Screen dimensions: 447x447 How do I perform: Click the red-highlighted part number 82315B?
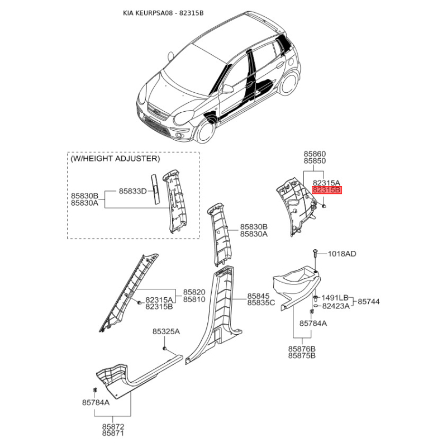327,190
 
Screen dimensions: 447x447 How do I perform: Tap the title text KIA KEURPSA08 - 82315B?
163,13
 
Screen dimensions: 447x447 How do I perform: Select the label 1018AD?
342,254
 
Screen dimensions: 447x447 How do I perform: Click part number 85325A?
166,331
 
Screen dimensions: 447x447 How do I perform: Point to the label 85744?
369,301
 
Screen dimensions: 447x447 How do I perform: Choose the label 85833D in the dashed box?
132,191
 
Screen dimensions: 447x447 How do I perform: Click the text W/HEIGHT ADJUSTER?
115,159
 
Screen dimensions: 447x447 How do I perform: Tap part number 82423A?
336,306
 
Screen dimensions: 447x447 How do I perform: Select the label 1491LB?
335,298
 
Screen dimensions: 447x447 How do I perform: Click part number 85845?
258,296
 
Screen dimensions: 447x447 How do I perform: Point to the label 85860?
315,154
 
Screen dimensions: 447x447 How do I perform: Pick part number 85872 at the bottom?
113,427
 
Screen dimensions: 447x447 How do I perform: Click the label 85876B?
302,349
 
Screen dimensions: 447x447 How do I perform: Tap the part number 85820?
194,292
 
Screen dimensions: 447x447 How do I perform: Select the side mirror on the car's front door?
227,89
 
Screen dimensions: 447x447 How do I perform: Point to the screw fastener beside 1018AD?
315,253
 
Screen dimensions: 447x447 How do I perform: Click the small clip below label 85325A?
164,348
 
